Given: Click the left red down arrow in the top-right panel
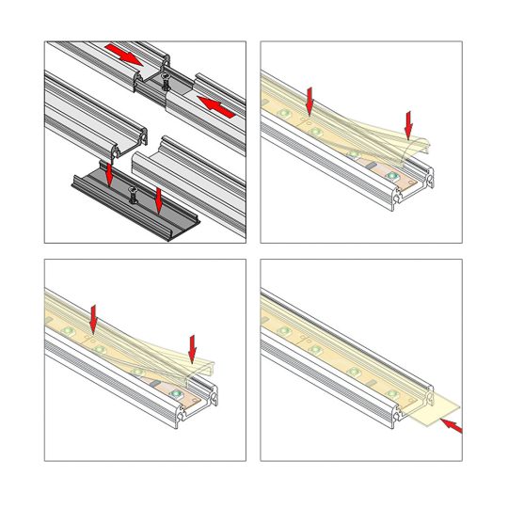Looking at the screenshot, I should point(310,99).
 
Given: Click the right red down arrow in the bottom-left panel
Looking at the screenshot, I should point(193,348).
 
